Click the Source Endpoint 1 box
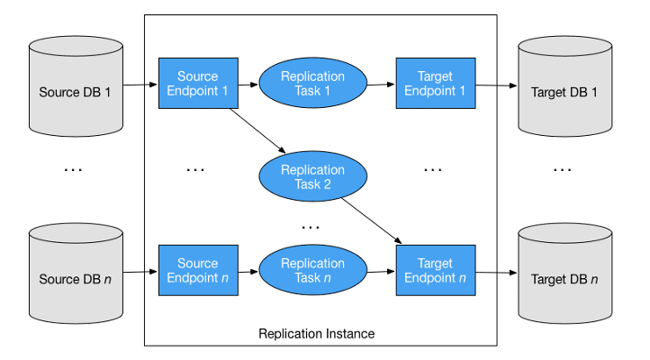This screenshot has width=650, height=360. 198,84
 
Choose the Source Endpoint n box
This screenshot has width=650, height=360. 198,271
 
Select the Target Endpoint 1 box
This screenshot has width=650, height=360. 436,84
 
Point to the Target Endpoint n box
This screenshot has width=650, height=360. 436,271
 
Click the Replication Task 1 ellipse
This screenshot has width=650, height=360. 313,84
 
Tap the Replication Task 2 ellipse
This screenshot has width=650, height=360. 313,176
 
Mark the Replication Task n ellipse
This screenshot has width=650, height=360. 313,271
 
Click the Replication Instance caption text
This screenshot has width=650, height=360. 317,334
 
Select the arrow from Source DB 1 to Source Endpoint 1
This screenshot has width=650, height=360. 140,85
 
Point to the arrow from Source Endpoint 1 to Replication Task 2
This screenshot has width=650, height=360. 258,130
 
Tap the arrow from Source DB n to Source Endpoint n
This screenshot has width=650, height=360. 140,272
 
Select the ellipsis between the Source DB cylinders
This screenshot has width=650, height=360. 73,167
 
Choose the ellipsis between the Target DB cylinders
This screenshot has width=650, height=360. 562,167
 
